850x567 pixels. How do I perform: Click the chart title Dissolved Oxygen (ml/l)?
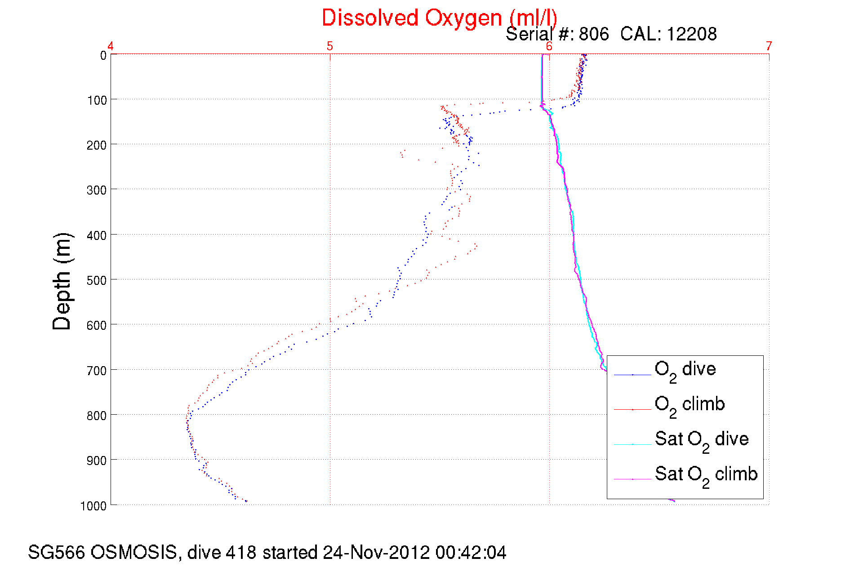439,18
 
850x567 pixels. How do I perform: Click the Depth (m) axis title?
62,282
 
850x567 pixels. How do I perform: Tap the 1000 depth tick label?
93,506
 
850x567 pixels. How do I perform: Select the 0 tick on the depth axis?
103,55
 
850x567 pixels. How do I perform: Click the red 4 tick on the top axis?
111,46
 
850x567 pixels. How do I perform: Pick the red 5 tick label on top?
330,46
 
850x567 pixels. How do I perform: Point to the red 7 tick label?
769,46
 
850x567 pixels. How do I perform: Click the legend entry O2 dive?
685,370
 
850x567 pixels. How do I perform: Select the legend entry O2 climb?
690,405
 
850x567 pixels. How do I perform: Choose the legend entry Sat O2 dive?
702,440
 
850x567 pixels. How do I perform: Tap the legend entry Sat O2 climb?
706,475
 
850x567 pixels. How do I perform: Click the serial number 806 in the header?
594,34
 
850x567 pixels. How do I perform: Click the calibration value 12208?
691,34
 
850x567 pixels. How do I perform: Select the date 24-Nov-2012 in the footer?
376,553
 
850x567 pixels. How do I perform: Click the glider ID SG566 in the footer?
56,553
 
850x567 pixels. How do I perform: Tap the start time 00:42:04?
471,553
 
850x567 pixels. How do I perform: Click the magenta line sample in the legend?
632,479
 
